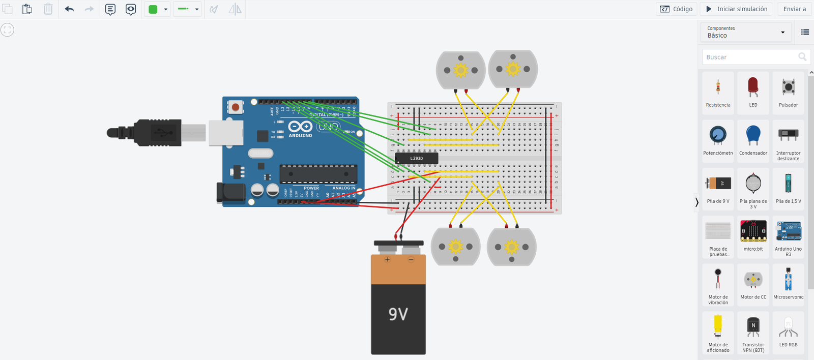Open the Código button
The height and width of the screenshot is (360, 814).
[676, 9]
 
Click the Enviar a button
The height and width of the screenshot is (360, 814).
[794, 9]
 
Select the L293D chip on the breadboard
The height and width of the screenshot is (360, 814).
[417, 159]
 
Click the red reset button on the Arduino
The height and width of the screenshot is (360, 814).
[236, 107]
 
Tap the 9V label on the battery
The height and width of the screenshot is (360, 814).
[398, 314]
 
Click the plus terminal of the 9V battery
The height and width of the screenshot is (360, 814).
[387, 260]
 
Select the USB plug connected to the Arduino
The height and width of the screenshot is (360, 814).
[153, 133]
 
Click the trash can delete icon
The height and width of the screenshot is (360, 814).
[48, 9]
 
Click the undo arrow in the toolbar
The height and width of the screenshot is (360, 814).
[69, 9]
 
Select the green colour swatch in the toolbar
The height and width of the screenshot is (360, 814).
[153, 9]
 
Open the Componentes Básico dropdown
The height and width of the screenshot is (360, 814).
[745, 32]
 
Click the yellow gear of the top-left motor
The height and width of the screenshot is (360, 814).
[460, 70]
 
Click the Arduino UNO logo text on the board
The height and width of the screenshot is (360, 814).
[328, 127]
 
